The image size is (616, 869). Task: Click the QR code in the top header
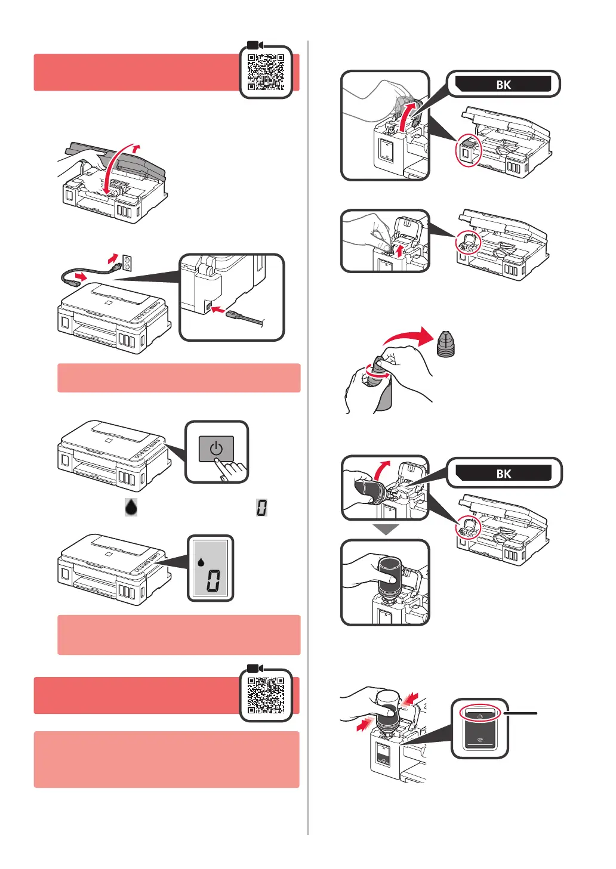[266, 73]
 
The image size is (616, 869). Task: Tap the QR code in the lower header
[266, 695]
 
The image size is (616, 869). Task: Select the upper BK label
[503, 84]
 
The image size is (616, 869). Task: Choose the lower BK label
[503, 474]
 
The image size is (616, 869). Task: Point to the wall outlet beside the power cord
[127, 261]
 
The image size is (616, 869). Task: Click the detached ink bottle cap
[445, 344]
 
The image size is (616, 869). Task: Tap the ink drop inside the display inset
[201, 562]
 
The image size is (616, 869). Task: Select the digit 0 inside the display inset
[213, 580]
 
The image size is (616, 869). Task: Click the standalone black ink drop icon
[131, 507]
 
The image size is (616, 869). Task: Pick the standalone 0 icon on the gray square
[261, 508]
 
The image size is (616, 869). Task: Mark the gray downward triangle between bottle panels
[386, 530]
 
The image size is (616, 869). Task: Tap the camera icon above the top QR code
[255, 45]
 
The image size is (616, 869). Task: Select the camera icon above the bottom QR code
[255, 668]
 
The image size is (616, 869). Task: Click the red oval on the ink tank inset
[481, 713]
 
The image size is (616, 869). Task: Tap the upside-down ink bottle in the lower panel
[388, 577]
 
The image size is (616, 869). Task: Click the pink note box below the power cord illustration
[178, 378]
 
